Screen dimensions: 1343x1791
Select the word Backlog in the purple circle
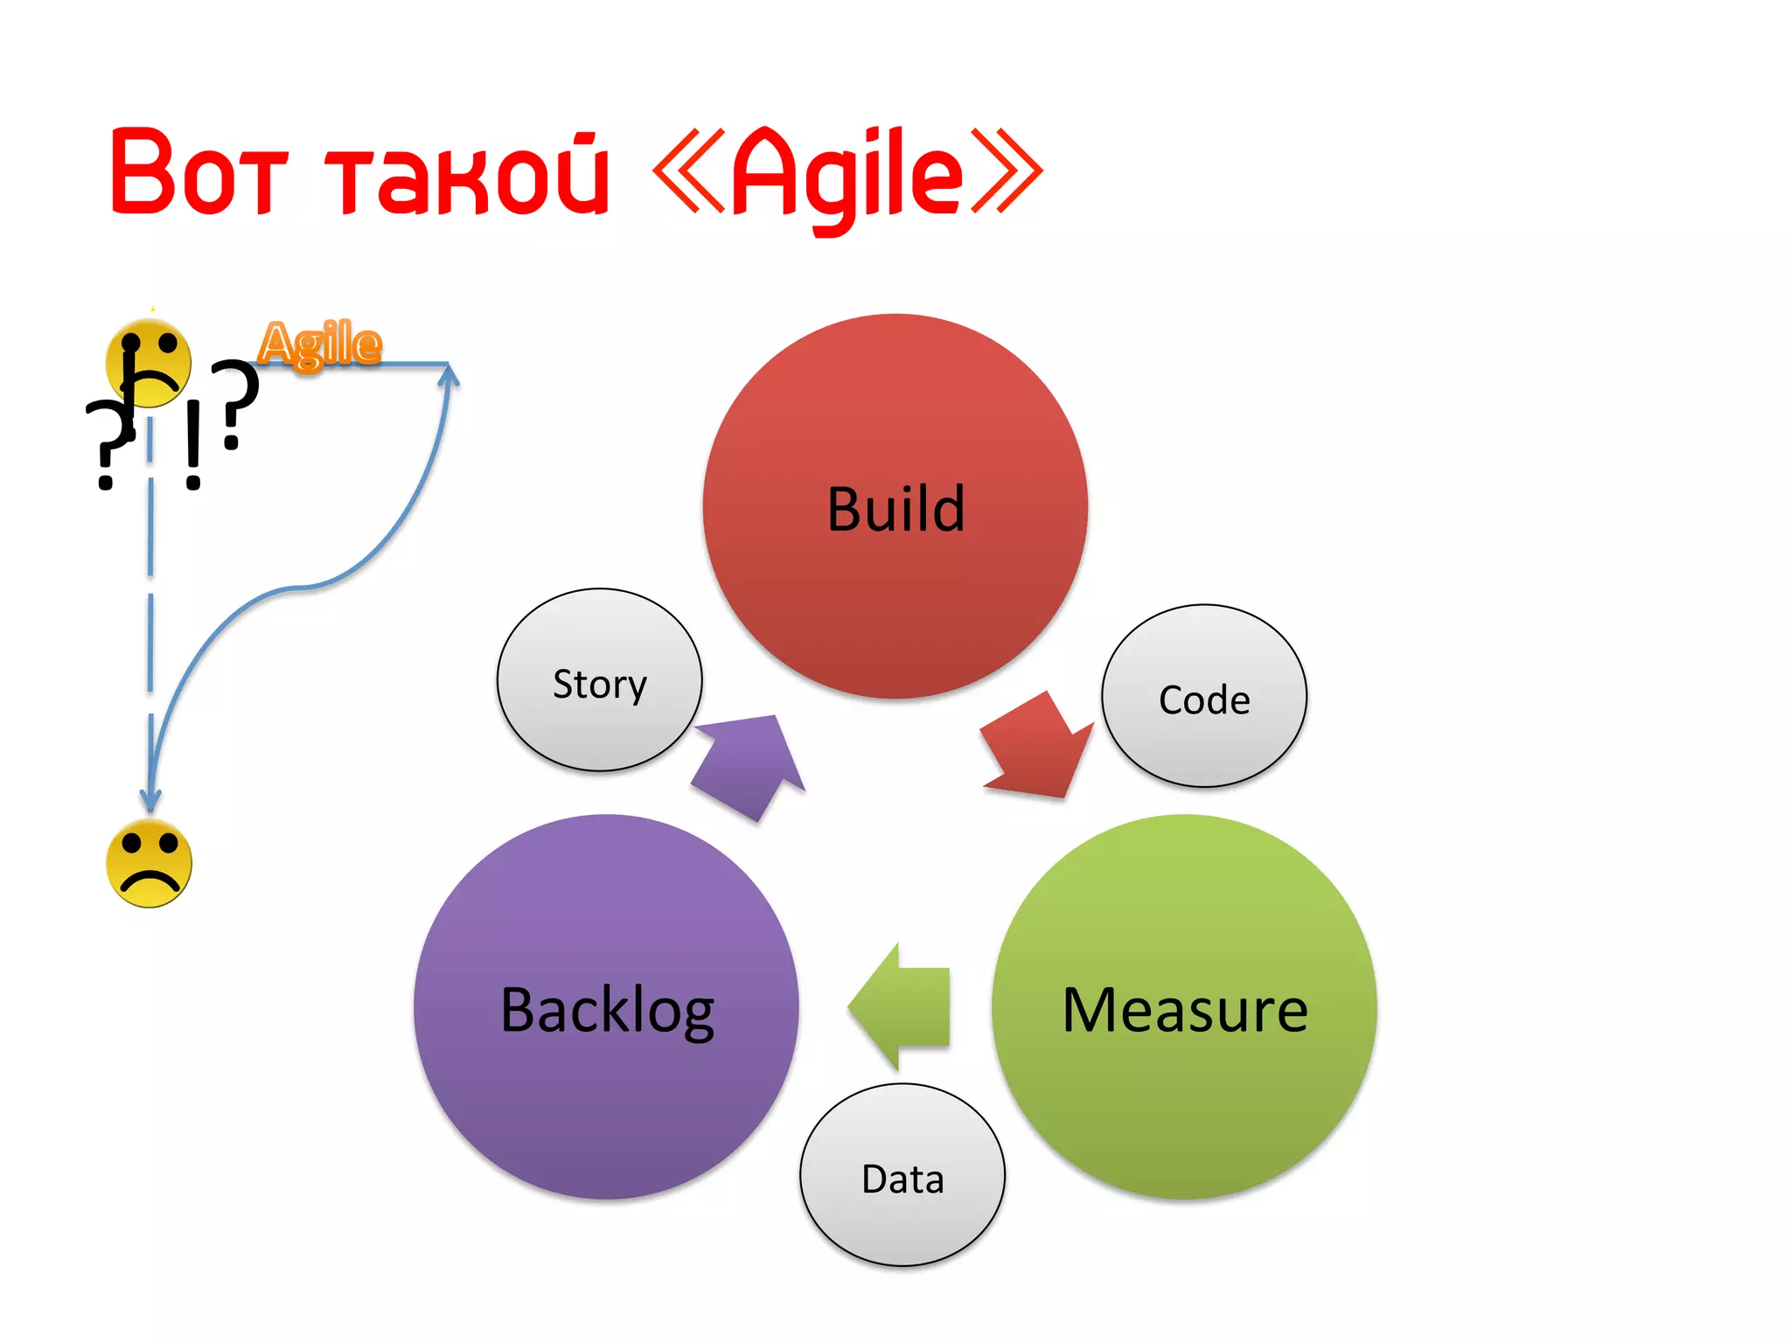tap(607, 1010)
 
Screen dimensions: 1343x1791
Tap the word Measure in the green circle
tap(1184, 1010)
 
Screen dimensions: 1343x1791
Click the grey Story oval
tap(600, 681)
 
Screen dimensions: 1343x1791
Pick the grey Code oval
tap(1204, 698)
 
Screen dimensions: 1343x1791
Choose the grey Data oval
tap(902, 1177)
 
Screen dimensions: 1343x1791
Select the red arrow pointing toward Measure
tap(1038, 748)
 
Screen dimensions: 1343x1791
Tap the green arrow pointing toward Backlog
tap(901, 1006)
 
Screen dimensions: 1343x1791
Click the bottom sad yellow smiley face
tap(149, 864)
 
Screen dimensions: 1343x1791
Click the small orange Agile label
tap(321, 343)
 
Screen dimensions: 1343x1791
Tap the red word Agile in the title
tap(846, 175)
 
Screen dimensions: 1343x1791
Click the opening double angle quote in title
tap(689, 171)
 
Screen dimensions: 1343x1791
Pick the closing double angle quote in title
tap(1006, 171)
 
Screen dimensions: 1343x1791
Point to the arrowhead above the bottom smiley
tap(150, 797)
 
